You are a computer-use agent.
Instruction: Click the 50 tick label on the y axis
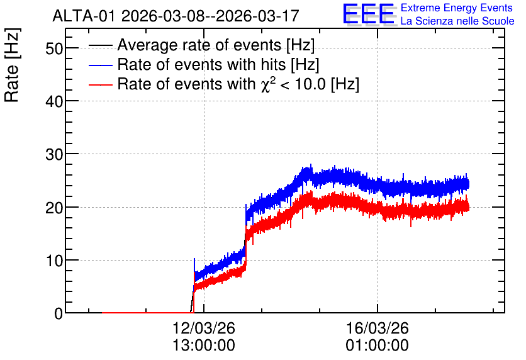point(54,48)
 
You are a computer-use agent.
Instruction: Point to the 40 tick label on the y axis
point(54,101)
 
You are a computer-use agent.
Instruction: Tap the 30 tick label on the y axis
point(54,154)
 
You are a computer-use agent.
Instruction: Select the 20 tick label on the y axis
point(54,208)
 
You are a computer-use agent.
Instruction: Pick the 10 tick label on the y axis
point(54,261)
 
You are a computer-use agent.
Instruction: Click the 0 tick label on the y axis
point(59,313)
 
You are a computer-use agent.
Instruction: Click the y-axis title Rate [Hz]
point(12,65)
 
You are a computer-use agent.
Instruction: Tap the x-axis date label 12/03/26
point(204,328)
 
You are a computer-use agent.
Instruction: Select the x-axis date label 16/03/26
point(377,328)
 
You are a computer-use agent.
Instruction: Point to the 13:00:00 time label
point(204,346)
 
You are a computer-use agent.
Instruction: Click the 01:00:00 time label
point(377,346)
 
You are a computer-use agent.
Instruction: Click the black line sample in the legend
point(100,45)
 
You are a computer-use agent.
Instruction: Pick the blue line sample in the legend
point(100,65)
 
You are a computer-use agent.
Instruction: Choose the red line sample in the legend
point(100,84)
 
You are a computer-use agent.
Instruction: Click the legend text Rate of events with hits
point(201,64)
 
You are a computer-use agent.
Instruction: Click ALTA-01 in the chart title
point(84,16)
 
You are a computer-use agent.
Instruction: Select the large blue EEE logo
point(369,14)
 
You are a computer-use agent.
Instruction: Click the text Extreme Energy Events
point(457,8)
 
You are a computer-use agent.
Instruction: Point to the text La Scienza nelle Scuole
point(457,21)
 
